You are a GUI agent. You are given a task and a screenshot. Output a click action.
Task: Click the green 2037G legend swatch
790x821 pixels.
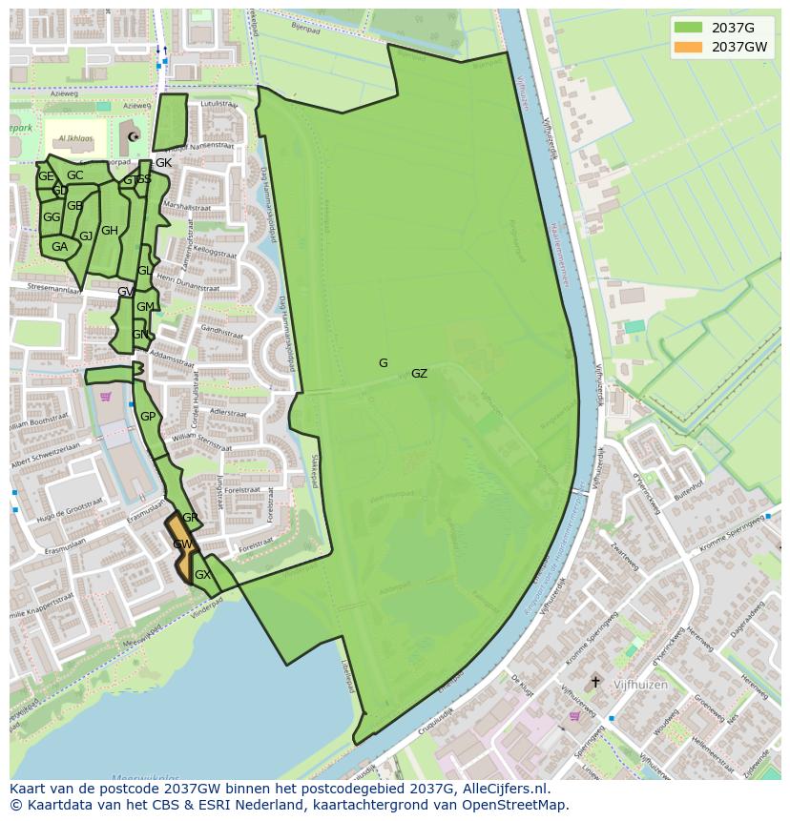pyautogui.click(x=687, y=27)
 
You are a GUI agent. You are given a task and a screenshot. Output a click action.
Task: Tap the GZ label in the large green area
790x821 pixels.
pyautogui.click(x=419, y=374)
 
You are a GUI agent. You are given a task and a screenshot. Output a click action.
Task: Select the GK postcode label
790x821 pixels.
pyautogui.click(x=163, y=163)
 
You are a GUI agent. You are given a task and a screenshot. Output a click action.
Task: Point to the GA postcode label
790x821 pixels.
pyautogui.click(x=59, y=247)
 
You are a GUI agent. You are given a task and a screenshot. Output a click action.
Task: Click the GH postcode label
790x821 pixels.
pyautogui.click(x=110, y=231)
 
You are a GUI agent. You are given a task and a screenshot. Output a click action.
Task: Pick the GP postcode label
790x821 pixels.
pyautogui.click(x=148, y=417)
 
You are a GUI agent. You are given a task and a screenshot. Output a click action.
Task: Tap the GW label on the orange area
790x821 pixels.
pyautogui.click(x=182, y=544)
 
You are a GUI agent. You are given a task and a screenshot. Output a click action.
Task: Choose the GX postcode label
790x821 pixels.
pyautogui.click(x=202, y=575)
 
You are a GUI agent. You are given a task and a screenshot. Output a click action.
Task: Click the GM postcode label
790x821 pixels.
pyautogui.click(x=145, y=307)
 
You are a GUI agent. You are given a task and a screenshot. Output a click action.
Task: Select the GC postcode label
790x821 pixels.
pyautogui.click(x=74, y=175)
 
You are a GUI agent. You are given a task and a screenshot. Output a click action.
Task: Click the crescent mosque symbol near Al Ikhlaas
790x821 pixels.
pyautogui.click(x=134, y=137)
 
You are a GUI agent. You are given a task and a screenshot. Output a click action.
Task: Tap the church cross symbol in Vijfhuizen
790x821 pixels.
pyautogui.click(x=596, y=682)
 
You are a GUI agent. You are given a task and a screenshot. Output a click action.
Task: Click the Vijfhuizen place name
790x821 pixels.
pyautogui.click(x=640, y=685)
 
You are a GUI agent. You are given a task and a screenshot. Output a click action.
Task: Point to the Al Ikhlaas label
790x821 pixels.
pyautogui.click(x=75, y=138)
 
